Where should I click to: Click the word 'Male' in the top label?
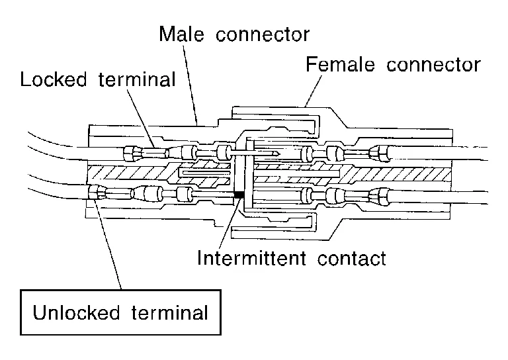179,34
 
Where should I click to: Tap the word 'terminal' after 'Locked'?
142,80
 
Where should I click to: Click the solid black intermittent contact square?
239,195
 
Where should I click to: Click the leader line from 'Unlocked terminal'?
110,245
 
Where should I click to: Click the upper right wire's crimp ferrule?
380,154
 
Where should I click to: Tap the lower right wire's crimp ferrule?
380,195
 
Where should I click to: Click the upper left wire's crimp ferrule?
130,155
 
